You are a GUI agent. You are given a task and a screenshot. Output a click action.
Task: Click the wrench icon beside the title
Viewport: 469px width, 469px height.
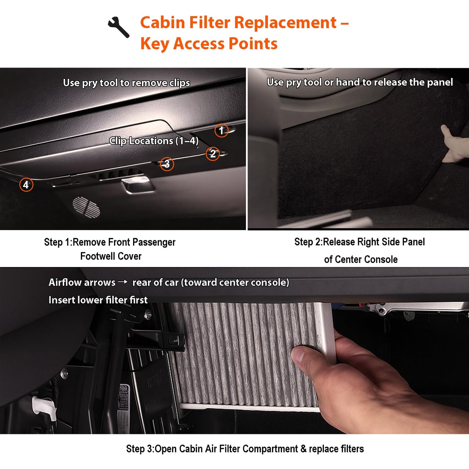(x=118, y=27)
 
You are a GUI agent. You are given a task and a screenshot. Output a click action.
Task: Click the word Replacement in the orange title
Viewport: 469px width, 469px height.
(x=286, y=23)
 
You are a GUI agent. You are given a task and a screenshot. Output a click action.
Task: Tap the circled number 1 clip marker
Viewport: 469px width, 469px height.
(x=221, y=130)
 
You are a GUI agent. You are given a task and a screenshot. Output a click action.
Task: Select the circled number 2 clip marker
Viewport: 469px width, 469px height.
(x=213, y=154)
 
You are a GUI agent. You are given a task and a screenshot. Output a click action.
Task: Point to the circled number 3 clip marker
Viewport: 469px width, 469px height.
(x=167, y=164)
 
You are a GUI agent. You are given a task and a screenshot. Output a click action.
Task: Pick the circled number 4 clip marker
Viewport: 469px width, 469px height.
(x=26, y=185)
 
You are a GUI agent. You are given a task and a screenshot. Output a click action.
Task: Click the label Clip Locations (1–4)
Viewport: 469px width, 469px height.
(x=154, y=141)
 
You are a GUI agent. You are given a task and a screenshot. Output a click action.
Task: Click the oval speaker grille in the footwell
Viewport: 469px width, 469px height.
(x=86, y=207)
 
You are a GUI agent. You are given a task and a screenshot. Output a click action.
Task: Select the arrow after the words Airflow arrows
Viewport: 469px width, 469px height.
(x=122, y=282)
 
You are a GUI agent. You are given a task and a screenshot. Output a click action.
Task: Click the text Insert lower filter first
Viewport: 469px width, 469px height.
(x=98, y=300)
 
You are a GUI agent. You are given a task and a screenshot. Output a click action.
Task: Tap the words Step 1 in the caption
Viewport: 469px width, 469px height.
(x=57, y=242)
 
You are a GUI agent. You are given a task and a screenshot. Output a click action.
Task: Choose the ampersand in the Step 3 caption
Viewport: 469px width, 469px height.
(x=303, y=449)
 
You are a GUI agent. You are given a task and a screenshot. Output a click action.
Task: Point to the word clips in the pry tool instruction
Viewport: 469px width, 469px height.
(x=179, y=83)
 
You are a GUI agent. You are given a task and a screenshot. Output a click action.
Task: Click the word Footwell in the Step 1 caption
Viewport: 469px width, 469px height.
(x=96, y=256)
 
